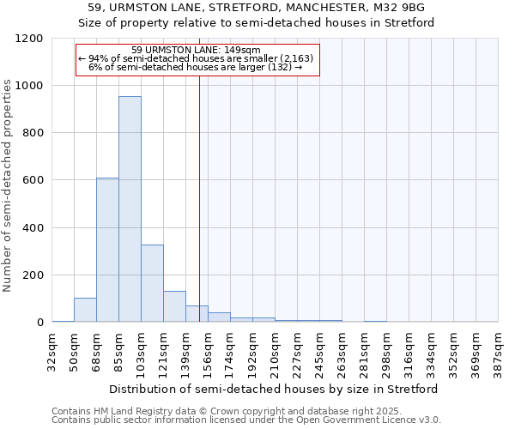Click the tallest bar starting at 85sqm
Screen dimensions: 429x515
pyautogui.click(x=130, y=209)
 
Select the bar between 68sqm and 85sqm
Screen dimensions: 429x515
pyautogui.click(x=107, y=250)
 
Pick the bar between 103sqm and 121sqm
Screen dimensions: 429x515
pyautogui.click(x=152, y=283)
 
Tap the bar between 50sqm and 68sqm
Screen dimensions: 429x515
pyautogui.click(x=85, y=310)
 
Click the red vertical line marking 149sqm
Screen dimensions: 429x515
pyautogui.click(x=199, y=189)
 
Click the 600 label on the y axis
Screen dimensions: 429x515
pyautogui.click(x=33, y=180)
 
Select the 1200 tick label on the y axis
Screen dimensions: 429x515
pyautogui.click(x=30, y=39)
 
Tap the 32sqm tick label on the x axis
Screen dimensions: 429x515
pyautogui.click(x=51, y=350)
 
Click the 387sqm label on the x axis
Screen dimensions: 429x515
pyautogui.click(x=499, y=350)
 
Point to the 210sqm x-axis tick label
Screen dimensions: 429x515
pyautogui.click(x=276, y=350)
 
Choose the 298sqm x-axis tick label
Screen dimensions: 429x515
pyautogui.click(x=387, y=350)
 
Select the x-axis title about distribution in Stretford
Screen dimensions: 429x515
pyautogui.click(x=275, y=389)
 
